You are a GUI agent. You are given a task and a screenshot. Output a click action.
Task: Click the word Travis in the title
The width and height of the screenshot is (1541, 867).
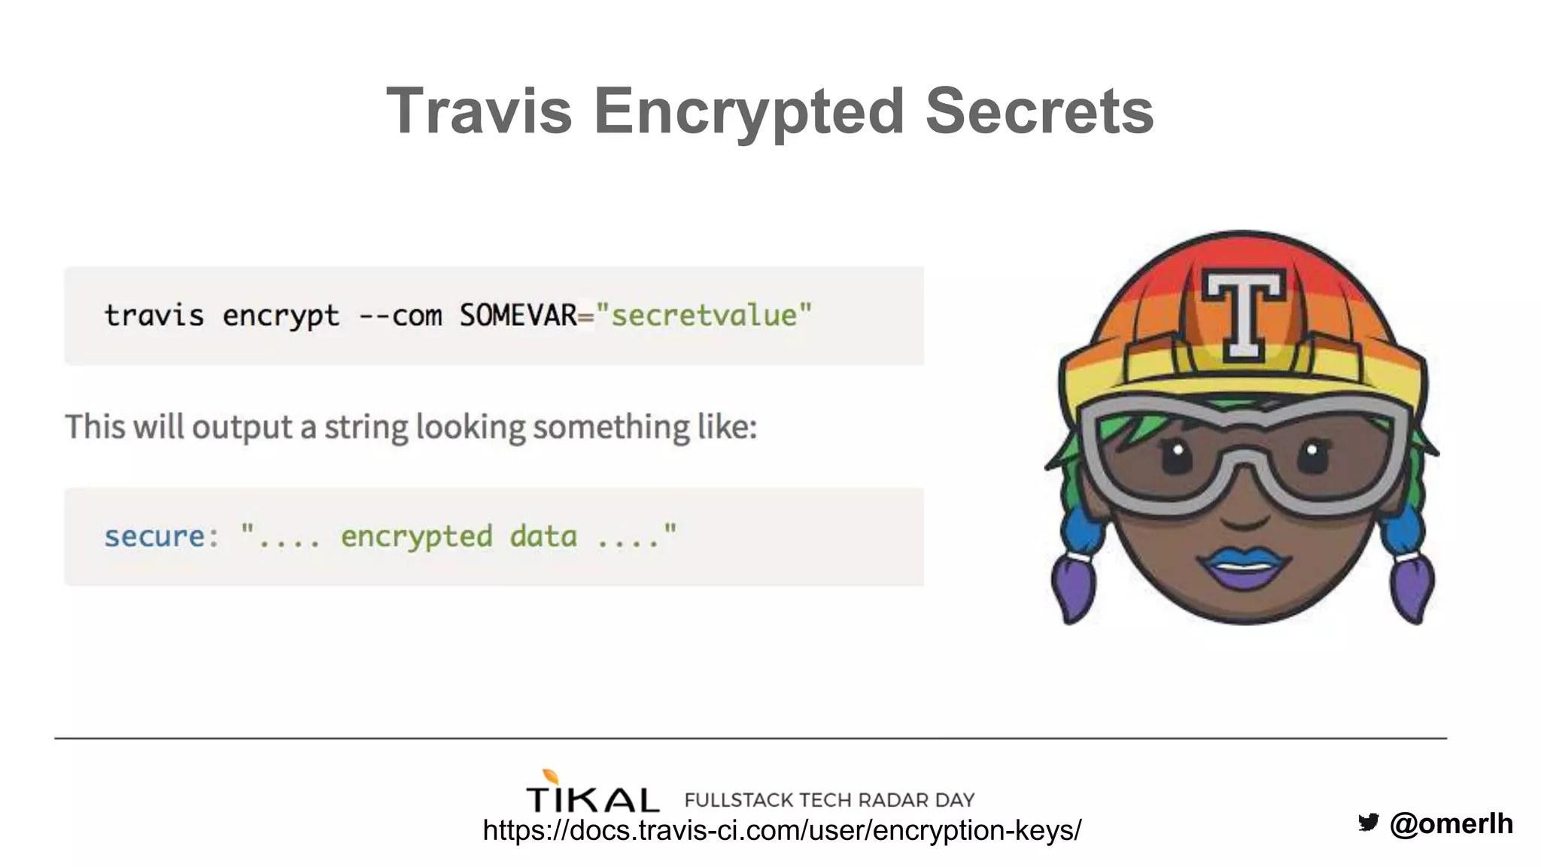[479, 111]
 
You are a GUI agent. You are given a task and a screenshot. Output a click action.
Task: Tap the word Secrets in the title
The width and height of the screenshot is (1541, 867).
[1039, 111]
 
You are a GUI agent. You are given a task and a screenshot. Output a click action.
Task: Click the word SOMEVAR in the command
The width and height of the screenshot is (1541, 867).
[518, 315]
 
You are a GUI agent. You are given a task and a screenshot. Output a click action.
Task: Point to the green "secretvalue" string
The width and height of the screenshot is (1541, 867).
[704, 315]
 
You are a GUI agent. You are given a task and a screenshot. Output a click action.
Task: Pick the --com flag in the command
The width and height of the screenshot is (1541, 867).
[400, 315]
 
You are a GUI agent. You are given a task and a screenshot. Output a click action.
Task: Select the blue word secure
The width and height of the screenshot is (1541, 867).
[154, 537]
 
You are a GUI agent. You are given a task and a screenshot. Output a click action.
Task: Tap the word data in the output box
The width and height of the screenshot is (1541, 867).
[543, 537]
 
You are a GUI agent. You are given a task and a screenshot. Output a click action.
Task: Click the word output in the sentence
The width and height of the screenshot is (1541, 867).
[242, 427]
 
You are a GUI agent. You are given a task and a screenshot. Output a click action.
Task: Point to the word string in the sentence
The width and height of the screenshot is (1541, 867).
[366, 427]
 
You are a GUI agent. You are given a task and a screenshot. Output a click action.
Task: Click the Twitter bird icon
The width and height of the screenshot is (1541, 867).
[1369, 822]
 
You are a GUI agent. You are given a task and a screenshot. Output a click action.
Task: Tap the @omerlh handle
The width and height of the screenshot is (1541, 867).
[1451, 823]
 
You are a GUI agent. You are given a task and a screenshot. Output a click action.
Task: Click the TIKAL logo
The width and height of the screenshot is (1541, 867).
[592, 795]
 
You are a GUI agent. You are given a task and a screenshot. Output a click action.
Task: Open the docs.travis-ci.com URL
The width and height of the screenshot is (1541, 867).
[782, 830]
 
